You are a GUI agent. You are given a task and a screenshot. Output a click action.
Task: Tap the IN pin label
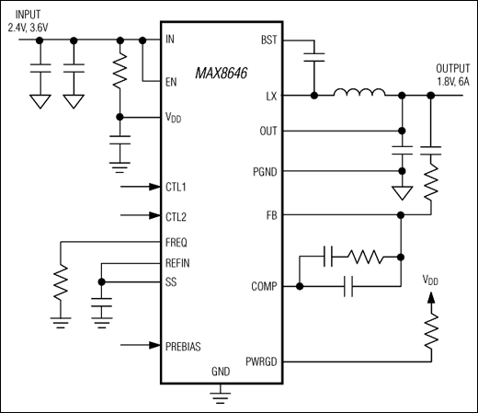click(170, 40)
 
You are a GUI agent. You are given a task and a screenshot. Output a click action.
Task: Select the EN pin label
click(171, 82)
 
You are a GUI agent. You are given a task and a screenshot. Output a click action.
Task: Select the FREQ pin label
click(176, 243)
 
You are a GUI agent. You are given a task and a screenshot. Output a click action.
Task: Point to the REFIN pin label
click(178, 262)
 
